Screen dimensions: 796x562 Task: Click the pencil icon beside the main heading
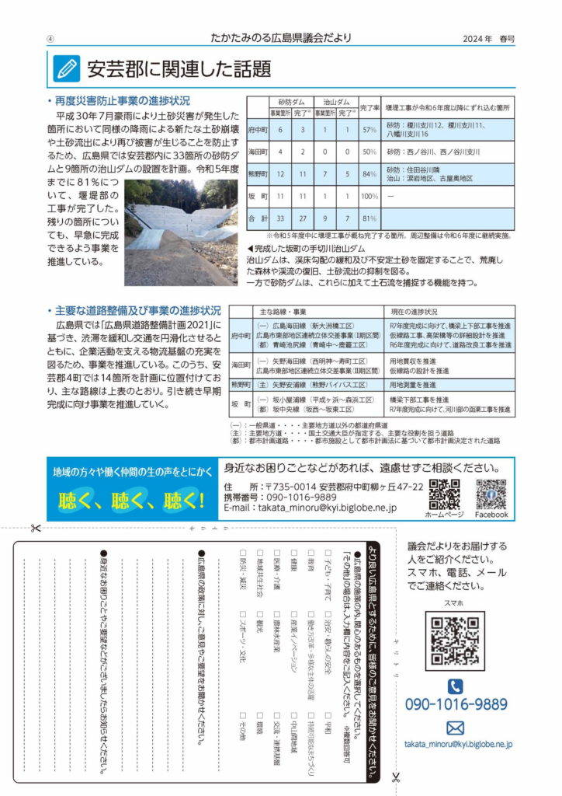click(67, 69)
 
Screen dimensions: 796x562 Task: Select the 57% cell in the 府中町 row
click(369, 129)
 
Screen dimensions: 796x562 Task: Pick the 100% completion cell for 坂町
click(369, 196)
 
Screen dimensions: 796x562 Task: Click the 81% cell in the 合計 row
click(369, 218)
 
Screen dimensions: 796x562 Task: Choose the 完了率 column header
click(370, 106)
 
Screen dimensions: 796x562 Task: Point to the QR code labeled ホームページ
click(444, 494)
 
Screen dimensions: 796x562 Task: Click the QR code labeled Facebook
click(491, 494)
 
